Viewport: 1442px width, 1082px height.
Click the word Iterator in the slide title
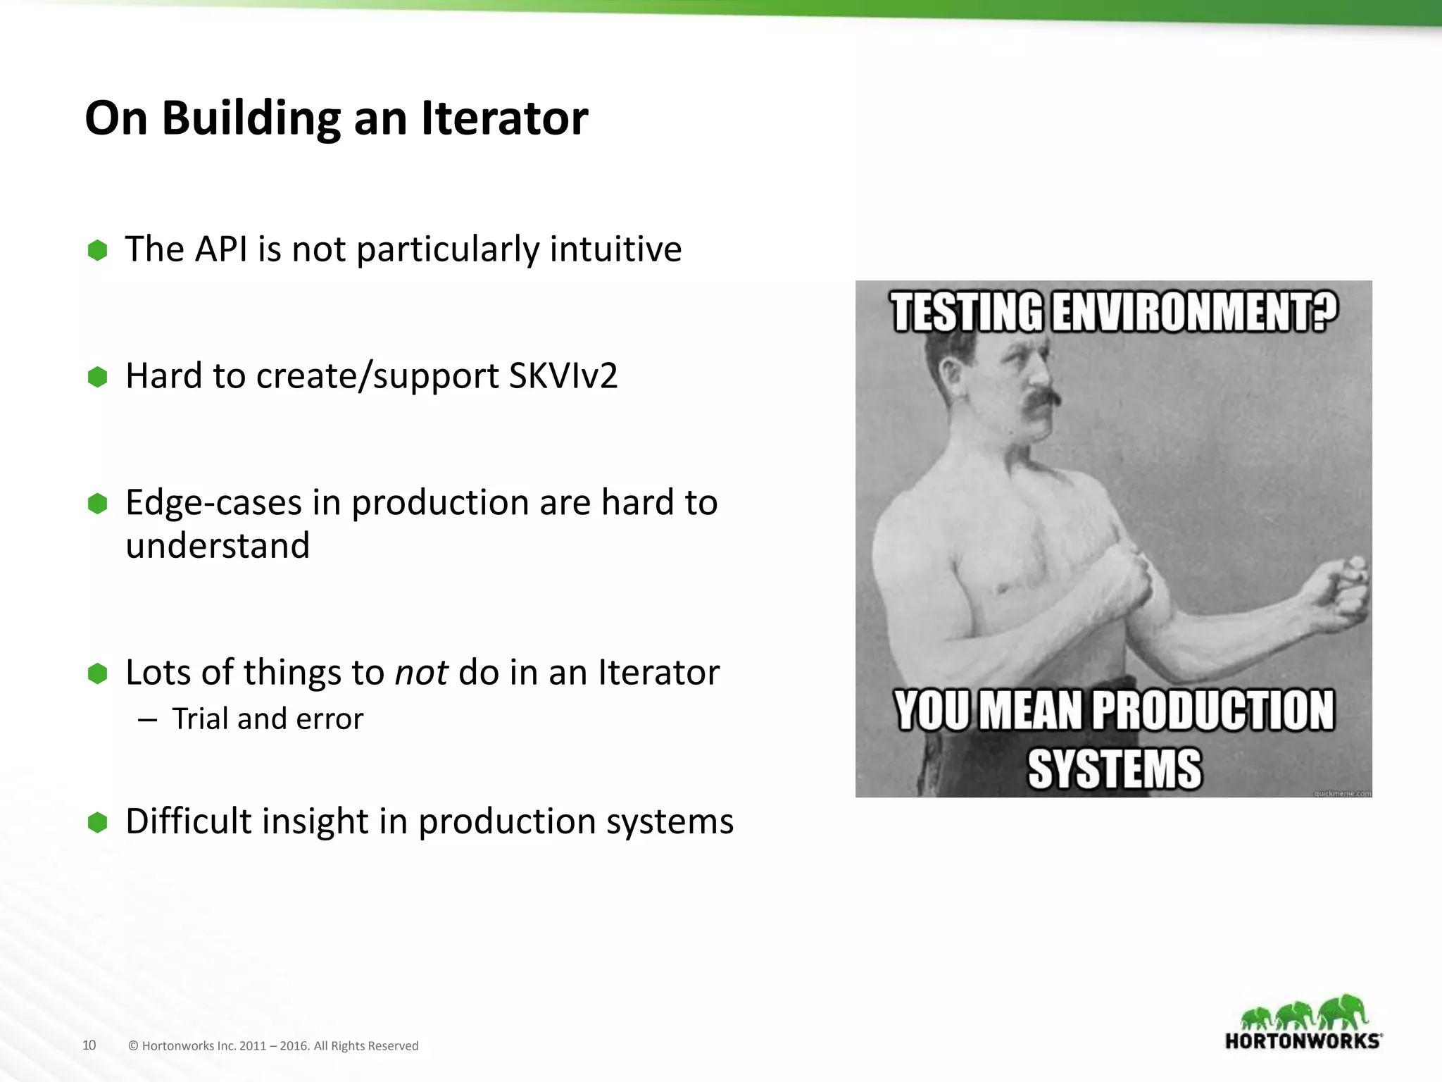tap(504, 118)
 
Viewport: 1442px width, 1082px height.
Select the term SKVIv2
tap(563, 376)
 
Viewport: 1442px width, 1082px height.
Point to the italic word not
tap(421, 673)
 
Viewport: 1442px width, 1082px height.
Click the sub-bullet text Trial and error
tap(268, 719)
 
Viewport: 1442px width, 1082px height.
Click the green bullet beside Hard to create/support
tap(97, 377)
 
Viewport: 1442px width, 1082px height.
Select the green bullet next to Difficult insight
tap(97, 822)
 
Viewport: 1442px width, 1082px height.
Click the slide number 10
tap(89, 1045)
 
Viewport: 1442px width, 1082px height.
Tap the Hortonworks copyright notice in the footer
tap(273, 1046)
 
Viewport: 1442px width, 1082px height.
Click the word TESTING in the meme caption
tap(967, 312)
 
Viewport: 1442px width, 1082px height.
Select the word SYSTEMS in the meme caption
tap(1115, 769)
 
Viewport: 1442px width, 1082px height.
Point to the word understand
tap(218, 546)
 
